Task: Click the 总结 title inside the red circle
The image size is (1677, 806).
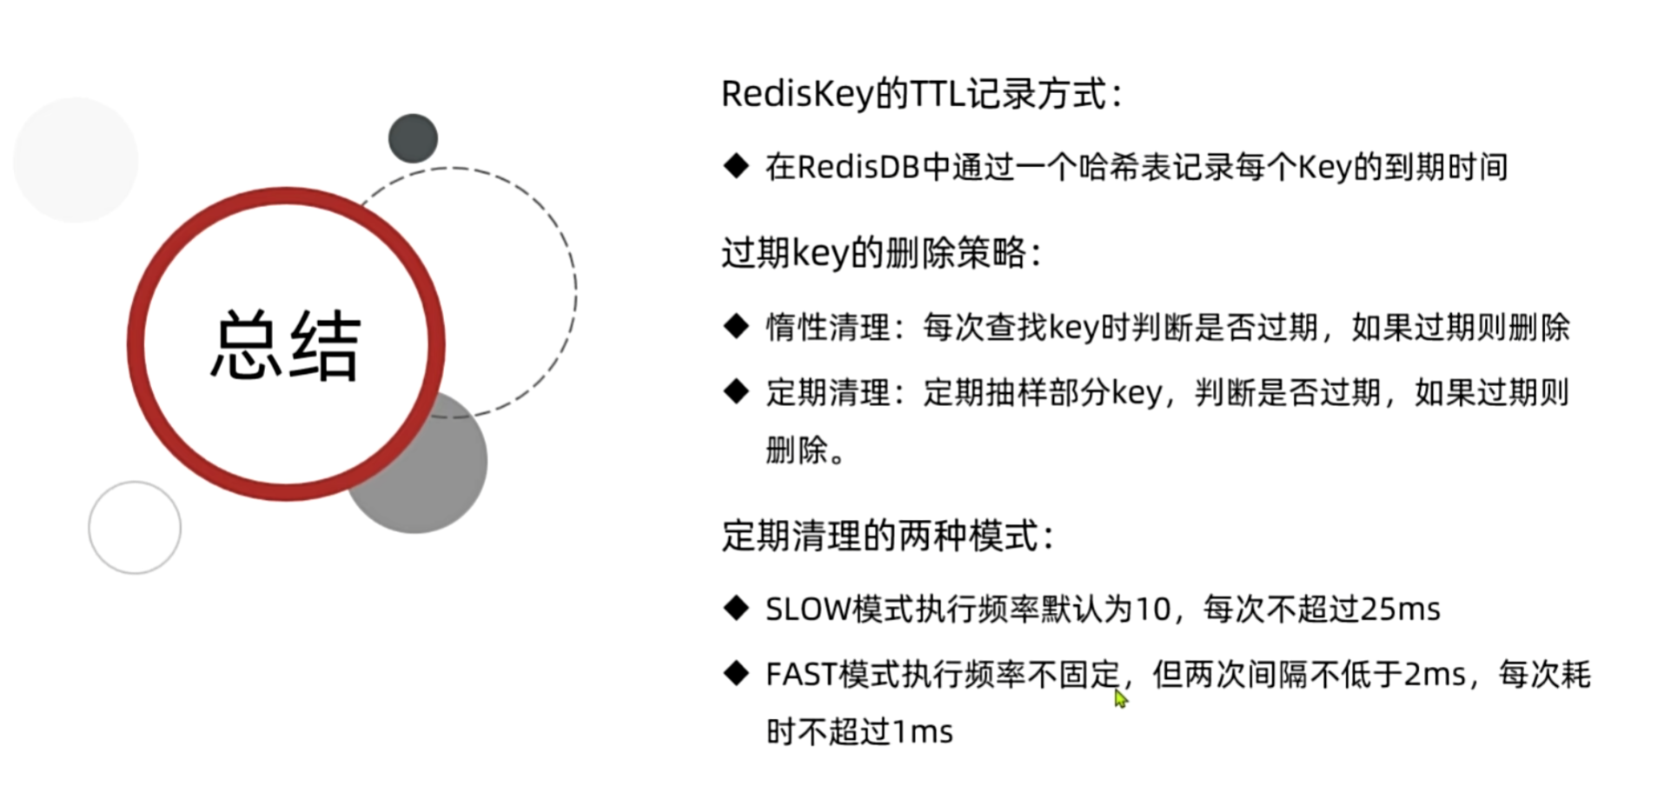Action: coord(285,345)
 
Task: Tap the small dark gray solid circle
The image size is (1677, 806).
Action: coord(413,138)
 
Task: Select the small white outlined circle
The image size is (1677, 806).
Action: coord(135,528)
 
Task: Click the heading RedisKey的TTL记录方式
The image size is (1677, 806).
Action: coord(921,94)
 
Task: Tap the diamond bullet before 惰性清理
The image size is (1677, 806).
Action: coord(736,327)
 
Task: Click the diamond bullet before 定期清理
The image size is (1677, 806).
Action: coord(736,392)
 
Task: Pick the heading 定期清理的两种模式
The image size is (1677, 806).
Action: coord(887,536)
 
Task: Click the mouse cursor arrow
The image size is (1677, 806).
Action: coord(1120,698)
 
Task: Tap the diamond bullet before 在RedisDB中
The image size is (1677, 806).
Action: coord(736,166)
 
